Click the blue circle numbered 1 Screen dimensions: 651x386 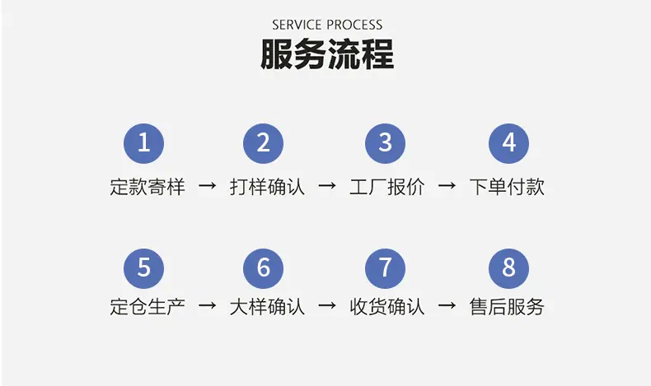(x=144, y=143)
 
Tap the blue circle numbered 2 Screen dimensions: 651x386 (x=264, y=143)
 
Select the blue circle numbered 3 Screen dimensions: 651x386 (x=385, y=143)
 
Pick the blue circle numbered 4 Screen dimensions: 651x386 (x=508, y=143)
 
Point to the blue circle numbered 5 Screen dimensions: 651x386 (x=144, y=267)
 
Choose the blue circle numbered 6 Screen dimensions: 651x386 (x=264, y=267)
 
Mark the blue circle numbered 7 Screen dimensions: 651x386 (x=385, y=267)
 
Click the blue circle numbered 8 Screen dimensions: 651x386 (x=508, y=267)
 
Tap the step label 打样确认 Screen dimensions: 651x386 (x=267, y=187)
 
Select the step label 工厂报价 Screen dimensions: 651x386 (x=387, y=187)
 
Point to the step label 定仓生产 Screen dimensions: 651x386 (x=147, y=307)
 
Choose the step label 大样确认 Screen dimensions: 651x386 (x=267, y=307)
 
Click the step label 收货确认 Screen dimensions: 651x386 (x=387, y=307)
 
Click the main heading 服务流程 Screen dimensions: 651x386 (x=327, y=54)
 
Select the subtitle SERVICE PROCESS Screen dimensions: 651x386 (x=327, y=25)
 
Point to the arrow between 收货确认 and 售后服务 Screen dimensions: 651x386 (x=447, y=307)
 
